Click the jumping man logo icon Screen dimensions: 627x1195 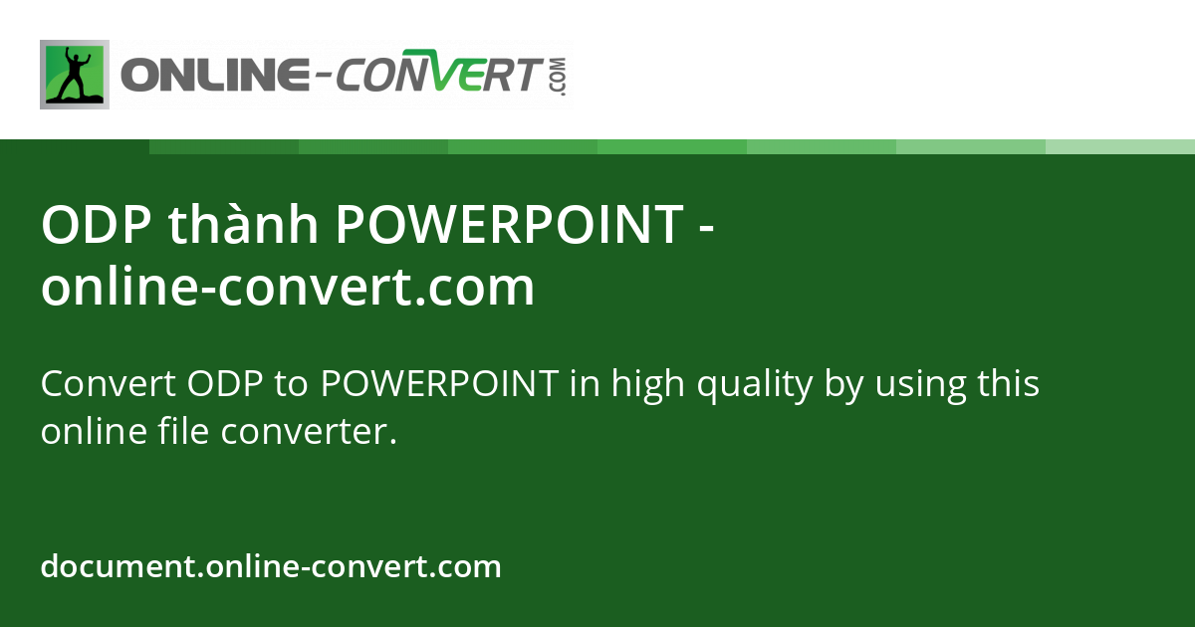tap(75, 75)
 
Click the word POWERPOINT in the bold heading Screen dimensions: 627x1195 tap(508, 226)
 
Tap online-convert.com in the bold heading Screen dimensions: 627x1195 tap(288, 288)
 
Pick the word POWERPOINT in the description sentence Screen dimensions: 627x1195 tap(439, 383)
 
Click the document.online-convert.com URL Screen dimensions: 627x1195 tap(271, 567)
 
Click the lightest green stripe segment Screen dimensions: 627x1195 tap(1120, 146)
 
